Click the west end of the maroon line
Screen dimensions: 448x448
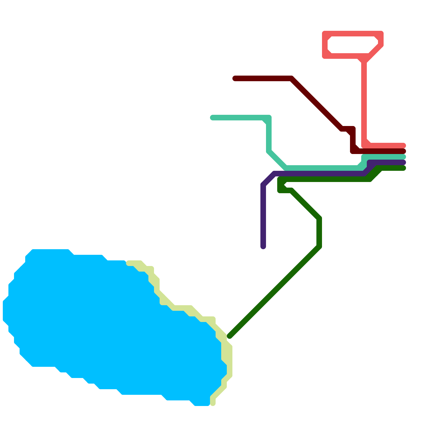[x=235, y=78]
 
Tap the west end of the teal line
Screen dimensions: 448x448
[x=213, y=118]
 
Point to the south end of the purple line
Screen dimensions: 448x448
[x=263, y=246]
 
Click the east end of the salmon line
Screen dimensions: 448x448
[x=403, y=146]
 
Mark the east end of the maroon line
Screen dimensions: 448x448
[x=403, y=151]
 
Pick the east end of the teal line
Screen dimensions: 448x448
[x=403, y=157]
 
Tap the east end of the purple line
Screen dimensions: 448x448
[x=403, y=162]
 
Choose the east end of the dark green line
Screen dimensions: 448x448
[x=403, y=168]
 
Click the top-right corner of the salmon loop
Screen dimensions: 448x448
[x=381, y=34]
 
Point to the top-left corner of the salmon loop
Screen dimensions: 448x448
[x=325, y=34]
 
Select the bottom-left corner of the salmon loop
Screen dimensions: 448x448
[x=325, y=56]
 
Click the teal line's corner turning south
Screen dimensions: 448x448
[x=269, y=118]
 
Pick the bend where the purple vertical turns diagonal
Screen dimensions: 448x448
[x=263, y=185]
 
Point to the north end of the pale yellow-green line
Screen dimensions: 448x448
[x=129, y=263]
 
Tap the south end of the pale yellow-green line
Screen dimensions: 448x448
[x=213, y=403]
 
